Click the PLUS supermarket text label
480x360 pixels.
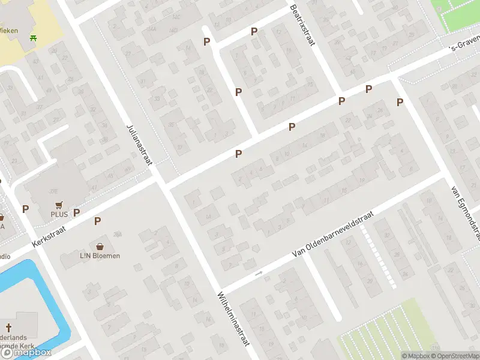tap(59, 214)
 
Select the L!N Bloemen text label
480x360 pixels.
tap(100, 256)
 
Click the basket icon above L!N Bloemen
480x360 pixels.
tap(100, 246)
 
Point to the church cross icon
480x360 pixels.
tap(8, 328)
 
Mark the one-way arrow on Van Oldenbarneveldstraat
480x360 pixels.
tap(259, 274)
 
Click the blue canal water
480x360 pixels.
tap(18, 288)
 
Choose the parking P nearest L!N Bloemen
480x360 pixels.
tap(97, 221)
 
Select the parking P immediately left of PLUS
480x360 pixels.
tap(25, 209)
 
